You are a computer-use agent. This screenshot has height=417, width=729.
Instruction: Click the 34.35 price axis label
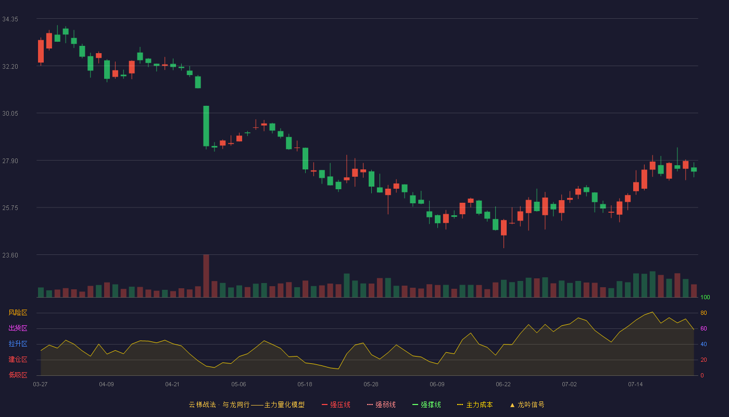tap(10, 19)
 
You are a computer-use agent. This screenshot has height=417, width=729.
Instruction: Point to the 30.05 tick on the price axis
tap(10, 114)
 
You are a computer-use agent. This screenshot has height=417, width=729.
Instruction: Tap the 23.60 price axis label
tap(10, 255)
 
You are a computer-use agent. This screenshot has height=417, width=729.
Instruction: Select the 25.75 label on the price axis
tap(10, 208)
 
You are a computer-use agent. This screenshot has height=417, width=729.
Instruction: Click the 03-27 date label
tap(41, 385)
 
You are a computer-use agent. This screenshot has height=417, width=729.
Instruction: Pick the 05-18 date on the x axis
tap(305, 385)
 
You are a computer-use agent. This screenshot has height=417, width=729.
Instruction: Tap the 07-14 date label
tap(635, 385)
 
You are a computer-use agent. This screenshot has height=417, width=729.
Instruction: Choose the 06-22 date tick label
tap(503, 385)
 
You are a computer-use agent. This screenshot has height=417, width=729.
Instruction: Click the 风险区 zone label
tap(18, 313)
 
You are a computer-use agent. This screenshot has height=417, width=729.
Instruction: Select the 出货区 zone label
tap(18, 328)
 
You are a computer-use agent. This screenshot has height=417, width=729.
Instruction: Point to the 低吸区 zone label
tap(18, 375)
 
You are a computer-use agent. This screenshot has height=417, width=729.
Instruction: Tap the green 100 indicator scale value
tap(705, 297)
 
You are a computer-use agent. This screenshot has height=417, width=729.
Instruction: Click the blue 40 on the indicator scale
tap(703, 344)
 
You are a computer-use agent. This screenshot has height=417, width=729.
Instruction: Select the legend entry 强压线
tap(336, 404)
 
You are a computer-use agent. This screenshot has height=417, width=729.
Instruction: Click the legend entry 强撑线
tap(426, 404)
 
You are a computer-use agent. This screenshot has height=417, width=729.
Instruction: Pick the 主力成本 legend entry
tap(475, 404)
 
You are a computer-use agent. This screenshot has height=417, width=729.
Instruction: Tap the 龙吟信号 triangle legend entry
tap(527, 404)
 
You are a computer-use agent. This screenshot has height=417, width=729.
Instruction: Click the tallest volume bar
tap(206, 276)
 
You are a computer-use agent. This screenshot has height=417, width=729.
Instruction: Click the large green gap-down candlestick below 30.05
tap(206, 126)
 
